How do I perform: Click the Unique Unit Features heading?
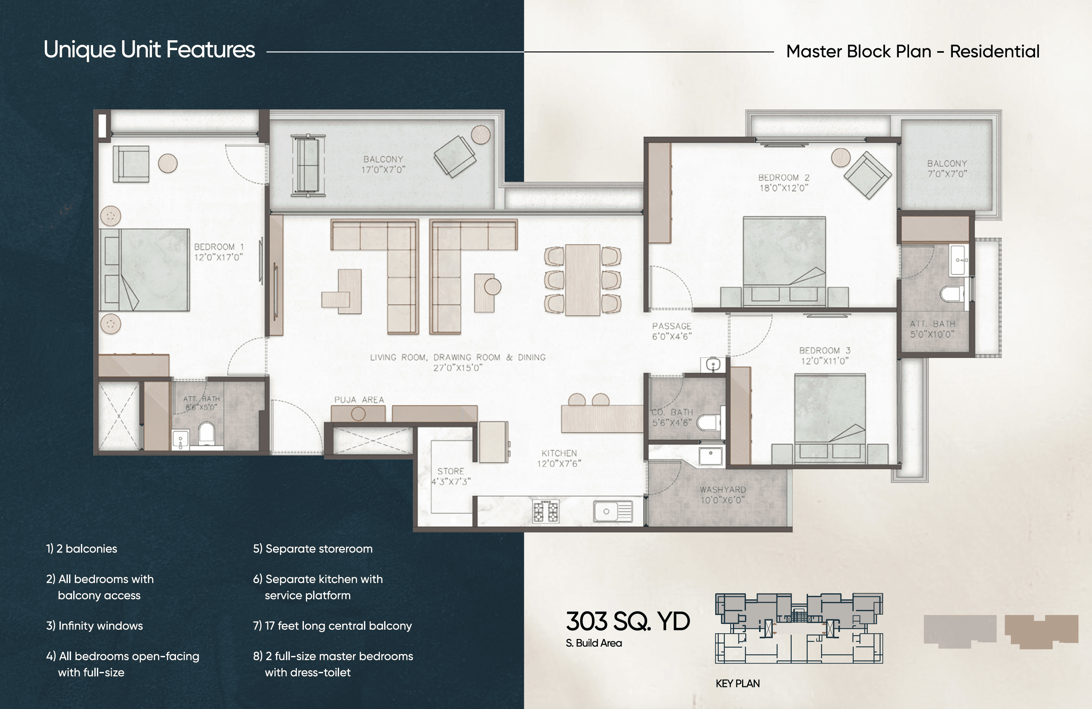(x=149, y=50)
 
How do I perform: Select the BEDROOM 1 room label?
(x=219, y=247)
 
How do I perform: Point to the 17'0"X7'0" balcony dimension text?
(x=383, y=170)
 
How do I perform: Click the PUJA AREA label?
(x=359, y=400)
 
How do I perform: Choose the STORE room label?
(x=451, y=471)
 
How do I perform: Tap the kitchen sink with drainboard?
(x=613, y=511)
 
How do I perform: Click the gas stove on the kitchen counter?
(x=546, y=511)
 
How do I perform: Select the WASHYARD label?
(x=723, y=489)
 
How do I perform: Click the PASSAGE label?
(x=672, y=326)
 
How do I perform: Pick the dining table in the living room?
(x=583, y=280)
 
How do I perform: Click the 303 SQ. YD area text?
(x=628, y=621)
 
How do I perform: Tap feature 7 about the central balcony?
(x=333, y=626)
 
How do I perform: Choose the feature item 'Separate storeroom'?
(x=313, y=549)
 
